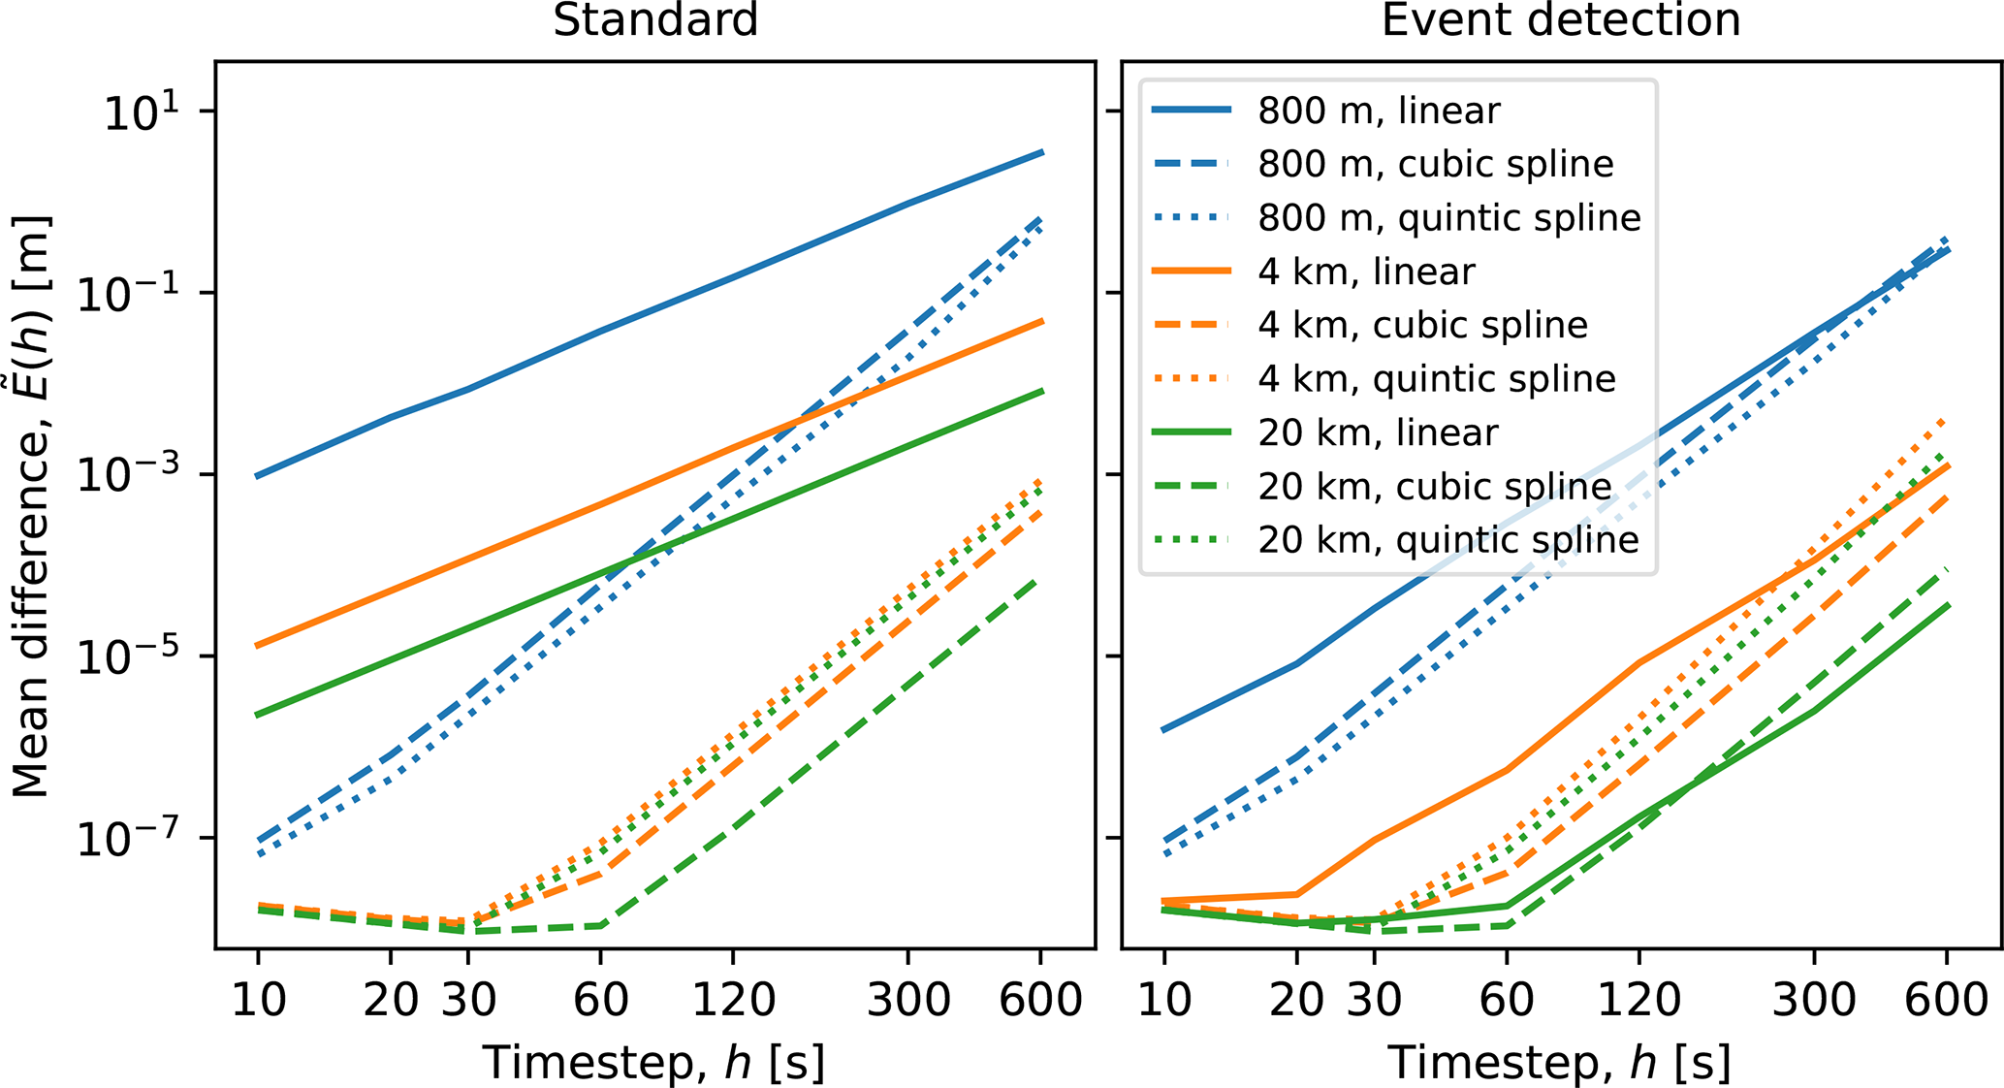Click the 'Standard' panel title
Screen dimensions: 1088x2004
[x=655, y=19]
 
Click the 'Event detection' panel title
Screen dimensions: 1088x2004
[x=1561, y=19]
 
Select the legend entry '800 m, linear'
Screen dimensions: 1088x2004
[x=1378, y=111]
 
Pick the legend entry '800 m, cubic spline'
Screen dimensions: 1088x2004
[x=1435, y=164]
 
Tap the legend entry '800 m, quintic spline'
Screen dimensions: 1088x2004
[x=1448, y=218]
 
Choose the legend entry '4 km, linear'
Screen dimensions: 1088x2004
[x=1365, y=272]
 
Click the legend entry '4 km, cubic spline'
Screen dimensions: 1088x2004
[x=1422, y=325]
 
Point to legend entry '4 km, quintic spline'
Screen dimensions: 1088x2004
[x=1436, y=378]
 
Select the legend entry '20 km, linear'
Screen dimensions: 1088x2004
[x=1377, y=432]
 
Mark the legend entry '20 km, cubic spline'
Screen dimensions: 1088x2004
[x=1434, y=486]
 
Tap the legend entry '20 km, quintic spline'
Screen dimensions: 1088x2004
[x=1447, y=539]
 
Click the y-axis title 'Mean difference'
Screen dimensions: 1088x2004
[x=31, y=504]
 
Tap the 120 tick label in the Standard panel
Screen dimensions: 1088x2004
[x=733, y=999]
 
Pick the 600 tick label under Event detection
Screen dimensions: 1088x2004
[x=1946, y=999]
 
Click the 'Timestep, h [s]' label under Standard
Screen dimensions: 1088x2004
[x=654, y=1062]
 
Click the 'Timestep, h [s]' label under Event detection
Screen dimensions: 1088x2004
[x=1560, y=1062]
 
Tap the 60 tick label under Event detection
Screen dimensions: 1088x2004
[x=1506, y=999]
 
